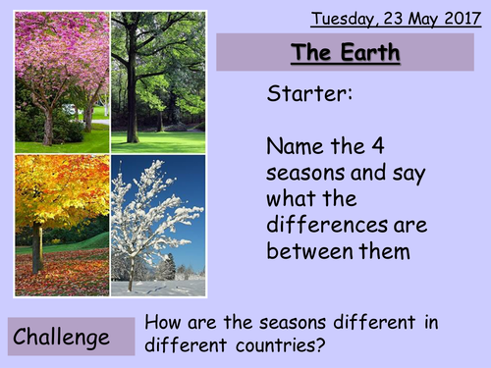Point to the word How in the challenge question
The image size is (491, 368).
pos(162,322)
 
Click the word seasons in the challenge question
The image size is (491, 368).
pos(286,322)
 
